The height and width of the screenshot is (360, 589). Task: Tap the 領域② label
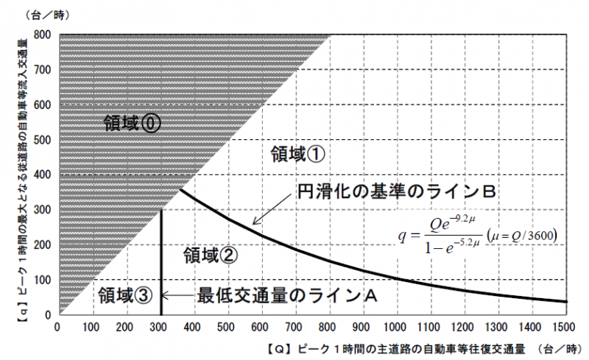pos(210,256)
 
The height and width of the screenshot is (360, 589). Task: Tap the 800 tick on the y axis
pos(41,35)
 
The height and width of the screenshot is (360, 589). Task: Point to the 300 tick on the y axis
pos(41,210)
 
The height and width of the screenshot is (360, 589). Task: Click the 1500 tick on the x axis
pos(567,326)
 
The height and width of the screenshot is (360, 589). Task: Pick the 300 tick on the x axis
pos(160,326)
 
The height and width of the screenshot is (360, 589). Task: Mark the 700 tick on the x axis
pos(296,326)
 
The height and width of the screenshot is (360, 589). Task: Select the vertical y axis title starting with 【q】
pos(16,177)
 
